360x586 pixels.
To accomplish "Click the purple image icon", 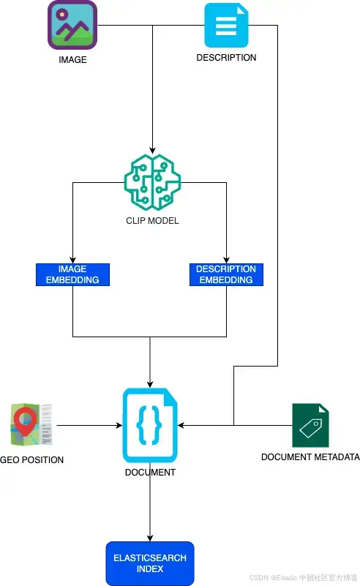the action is point(72,25).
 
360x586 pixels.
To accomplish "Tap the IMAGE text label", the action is point(72,60).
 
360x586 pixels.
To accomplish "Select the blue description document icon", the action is point(226,25).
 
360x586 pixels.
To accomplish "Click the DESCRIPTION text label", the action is point(226,58).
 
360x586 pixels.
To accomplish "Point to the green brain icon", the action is point(152,182).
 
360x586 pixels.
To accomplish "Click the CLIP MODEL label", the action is point(152,221).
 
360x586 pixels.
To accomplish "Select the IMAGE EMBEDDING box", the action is point(72,274).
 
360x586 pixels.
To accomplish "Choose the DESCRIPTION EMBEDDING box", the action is point(226,274).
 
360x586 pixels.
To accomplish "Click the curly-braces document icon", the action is point(150,425).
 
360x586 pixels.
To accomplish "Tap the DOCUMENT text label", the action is point(150,473).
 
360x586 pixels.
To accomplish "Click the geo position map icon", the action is point(31,424).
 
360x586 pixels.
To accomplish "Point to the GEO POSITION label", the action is point(31,459).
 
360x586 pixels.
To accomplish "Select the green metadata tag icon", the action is point(310,425).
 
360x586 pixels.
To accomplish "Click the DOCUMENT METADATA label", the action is point(310,457).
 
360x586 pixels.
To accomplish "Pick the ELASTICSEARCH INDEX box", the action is point(150,563).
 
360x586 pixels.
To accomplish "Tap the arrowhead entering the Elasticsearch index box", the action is point(150,538).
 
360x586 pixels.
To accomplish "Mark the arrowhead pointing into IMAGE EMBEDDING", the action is point(72,260).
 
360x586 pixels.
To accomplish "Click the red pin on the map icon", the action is point(24,421).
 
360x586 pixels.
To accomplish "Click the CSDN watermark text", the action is point(303,577).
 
